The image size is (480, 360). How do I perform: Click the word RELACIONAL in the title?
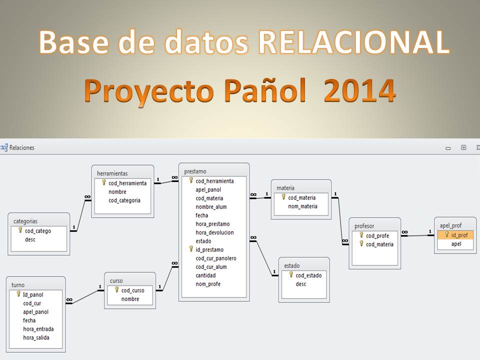pyautogui.click(x=354, y=42)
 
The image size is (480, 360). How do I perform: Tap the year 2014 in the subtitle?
pyautogui.click(x=359, y=90)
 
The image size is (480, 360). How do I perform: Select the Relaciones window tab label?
pyautogui.click(x=21, y=147)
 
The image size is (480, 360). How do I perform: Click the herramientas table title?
pyautogui.click(x=112, y=173)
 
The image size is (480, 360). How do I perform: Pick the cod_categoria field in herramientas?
pyautogui.click(x=124, y=200)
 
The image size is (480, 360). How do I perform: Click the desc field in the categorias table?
pyautogui.click(x=30, y=239)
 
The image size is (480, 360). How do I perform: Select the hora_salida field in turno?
pyautogui.click(x=36, y=337)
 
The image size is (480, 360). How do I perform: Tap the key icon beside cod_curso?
pyautogui.click(x=116, y=289)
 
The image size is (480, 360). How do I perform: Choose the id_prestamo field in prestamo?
pyautogui.click(x=209, y=250)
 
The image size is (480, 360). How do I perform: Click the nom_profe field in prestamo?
pyautogui.click(x=208, y=284)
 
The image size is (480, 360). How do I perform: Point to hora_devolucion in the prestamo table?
pyautogui.click(x=214, y=232)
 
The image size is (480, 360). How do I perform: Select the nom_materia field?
pyautogui.click(x=302, y=206)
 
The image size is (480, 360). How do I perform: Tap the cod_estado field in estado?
pyautogui.click(x=308, y=275)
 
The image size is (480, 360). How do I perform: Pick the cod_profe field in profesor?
pyautogui.click(x=377, y=235)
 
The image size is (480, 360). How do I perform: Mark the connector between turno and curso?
pyautogui.click(x=85, y=297)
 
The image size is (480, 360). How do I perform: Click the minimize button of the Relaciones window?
pyautogui.click(x=448, y=148)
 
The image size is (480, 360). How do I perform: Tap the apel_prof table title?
pyautogui.click(x=450, y=225)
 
